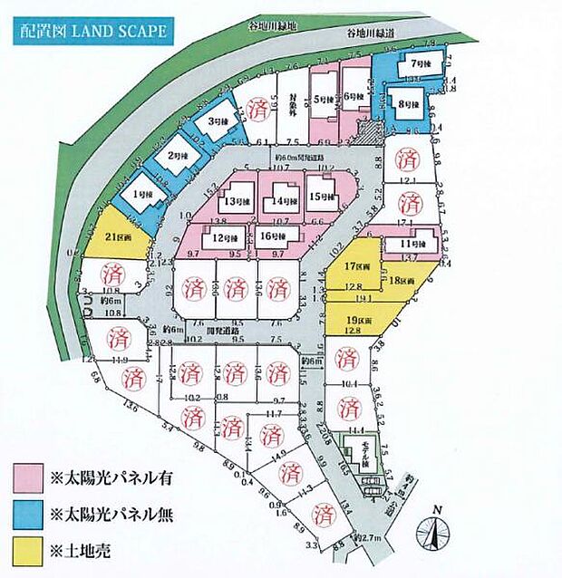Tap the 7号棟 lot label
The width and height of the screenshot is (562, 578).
coord(419,64)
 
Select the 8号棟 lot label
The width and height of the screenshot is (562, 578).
coord(407,105)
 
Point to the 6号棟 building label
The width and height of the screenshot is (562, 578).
coord(354,95)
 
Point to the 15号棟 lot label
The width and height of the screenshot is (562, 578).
coord(316,195)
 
